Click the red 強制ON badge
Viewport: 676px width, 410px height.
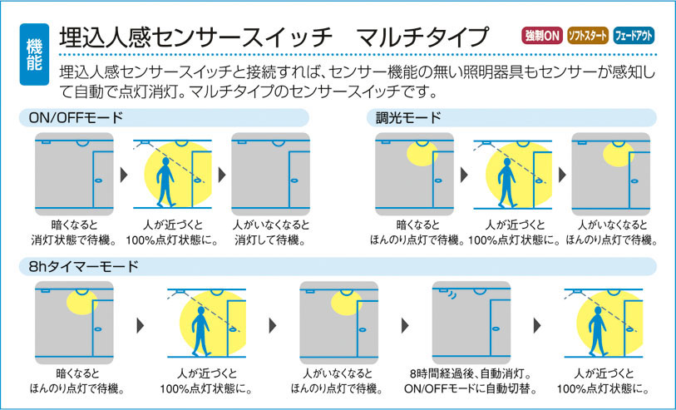(542, 36)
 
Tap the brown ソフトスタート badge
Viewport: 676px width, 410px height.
(587, 36)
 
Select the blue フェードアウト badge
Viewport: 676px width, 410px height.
(634, 36)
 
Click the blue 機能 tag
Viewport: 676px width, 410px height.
(34, 54)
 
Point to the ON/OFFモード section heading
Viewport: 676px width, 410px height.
(76, 118)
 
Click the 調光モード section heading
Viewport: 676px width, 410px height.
(408, 118)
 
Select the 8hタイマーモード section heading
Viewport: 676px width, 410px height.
(84, 266)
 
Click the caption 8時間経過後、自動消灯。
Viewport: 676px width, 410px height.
(471, 373)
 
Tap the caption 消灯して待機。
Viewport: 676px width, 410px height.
(270, 240)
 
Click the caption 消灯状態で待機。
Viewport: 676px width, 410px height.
(74, 240)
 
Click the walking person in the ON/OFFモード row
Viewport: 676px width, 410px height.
(165, 182)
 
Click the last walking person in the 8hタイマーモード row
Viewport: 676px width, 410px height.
(598, 331)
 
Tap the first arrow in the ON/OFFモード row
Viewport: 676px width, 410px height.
(124, 175)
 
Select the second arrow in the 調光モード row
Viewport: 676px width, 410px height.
(562, 175)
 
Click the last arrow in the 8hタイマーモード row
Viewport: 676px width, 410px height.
(537, 325)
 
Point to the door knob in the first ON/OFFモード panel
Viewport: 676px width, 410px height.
(98, 180)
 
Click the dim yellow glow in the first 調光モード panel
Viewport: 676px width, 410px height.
(422, 154)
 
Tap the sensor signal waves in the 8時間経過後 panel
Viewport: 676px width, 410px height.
(451, 295)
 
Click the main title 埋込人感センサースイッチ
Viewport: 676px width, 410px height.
(195, 37)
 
